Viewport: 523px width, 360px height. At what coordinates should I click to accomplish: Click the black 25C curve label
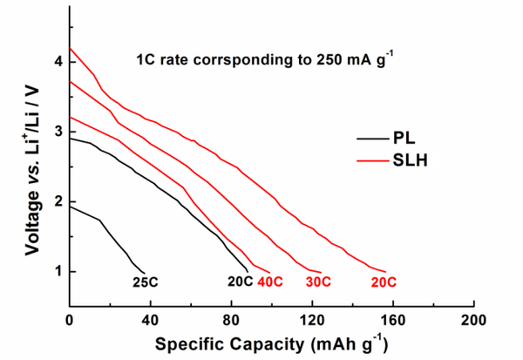coord(145,282)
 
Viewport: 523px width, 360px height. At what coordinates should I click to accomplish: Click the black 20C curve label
coord(240,282)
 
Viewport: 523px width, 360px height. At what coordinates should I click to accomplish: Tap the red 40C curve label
coord(273,282)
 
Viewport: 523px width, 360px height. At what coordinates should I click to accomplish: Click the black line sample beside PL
coord(373,138)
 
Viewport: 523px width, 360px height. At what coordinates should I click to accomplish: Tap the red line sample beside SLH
coord(373,160)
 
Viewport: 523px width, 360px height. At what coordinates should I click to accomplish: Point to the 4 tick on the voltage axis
coord(58,63)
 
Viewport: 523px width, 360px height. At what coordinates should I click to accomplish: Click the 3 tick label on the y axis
coord(58,132)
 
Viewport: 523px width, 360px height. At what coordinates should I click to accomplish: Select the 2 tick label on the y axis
coord(58,202)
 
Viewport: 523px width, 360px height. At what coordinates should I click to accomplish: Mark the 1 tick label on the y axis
coord(58,272)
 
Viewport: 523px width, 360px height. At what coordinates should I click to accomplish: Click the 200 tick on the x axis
coord(473,319)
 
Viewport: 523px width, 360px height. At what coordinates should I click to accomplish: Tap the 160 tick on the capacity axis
coord(392,319)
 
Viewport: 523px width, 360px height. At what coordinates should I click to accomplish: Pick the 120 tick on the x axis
coord(311,319)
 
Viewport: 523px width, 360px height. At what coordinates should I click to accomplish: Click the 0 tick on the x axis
coord(69,319)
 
